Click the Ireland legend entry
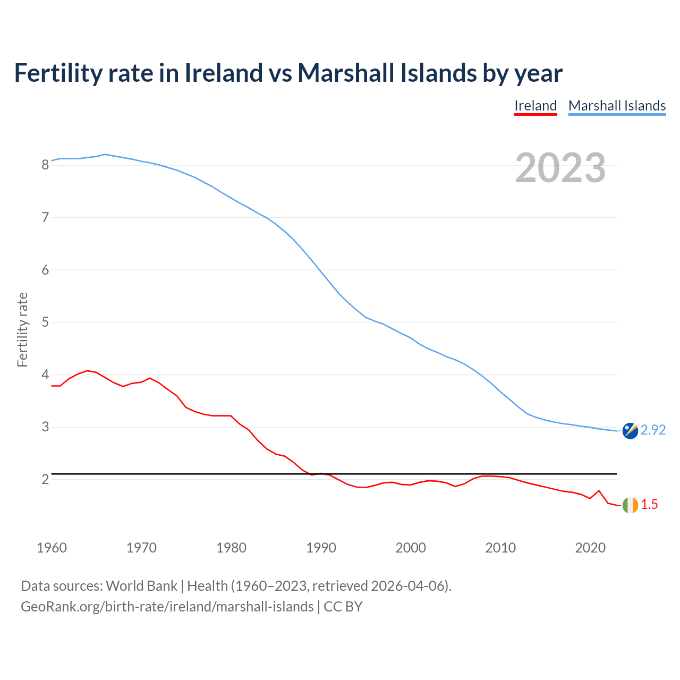535,106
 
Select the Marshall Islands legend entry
617,106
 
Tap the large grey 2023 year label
560,168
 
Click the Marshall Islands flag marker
630,431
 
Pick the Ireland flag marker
630,505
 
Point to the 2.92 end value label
653,430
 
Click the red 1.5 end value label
649,505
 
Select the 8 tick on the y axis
45,165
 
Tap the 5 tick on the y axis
45,322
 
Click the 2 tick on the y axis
45,480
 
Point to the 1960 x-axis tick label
52,548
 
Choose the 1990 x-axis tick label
321,548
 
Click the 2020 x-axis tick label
590,548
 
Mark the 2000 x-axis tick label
411,548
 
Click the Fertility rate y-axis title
22,329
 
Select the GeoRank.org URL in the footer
167,607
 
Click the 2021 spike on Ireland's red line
599,490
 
